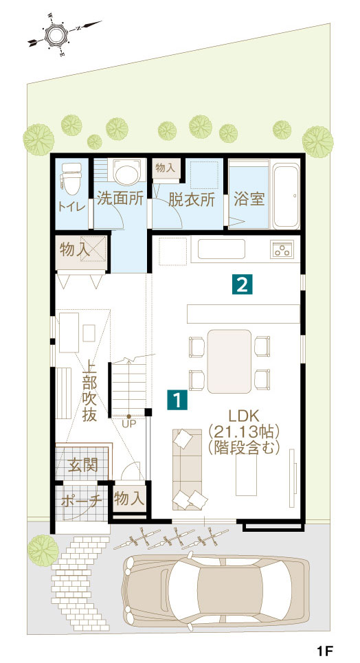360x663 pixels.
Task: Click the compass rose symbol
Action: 57,34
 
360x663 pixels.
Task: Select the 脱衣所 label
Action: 192,199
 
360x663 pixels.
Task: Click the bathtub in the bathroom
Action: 286,195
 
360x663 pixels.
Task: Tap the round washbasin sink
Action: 126,172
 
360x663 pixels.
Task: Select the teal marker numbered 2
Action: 242,284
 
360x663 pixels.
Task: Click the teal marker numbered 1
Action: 177,400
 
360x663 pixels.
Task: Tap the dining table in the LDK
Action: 229,361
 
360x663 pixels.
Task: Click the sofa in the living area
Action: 188,469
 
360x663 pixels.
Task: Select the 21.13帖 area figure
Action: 244,431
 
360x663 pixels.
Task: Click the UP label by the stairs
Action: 129,424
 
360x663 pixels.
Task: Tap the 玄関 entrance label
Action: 83,466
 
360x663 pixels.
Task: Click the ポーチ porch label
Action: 82,500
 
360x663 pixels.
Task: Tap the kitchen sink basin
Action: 221,249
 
